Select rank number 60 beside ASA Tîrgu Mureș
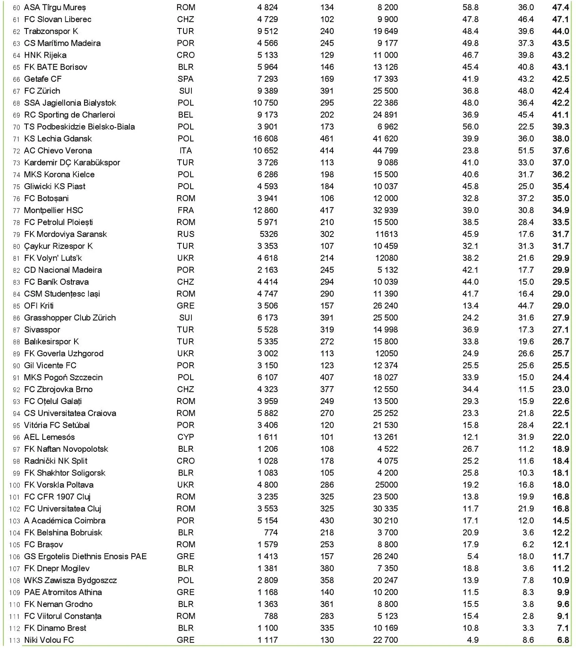16,8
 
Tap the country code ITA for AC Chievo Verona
185,150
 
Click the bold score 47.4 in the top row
561,8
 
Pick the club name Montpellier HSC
53,210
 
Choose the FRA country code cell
185,210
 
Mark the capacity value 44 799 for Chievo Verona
385,150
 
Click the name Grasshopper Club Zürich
70,317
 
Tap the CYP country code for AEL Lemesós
185,437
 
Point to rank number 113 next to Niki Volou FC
14,640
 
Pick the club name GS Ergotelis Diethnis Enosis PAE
85,556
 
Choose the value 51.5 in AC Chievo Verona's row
526,150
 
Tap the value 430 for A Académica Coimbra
327,520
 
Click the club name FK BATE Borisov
56,67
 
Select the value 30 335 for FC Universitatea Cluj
385,509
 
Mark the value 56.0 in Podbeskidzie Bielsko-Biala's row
470,127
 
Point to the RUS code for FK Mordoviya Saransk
185,234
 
